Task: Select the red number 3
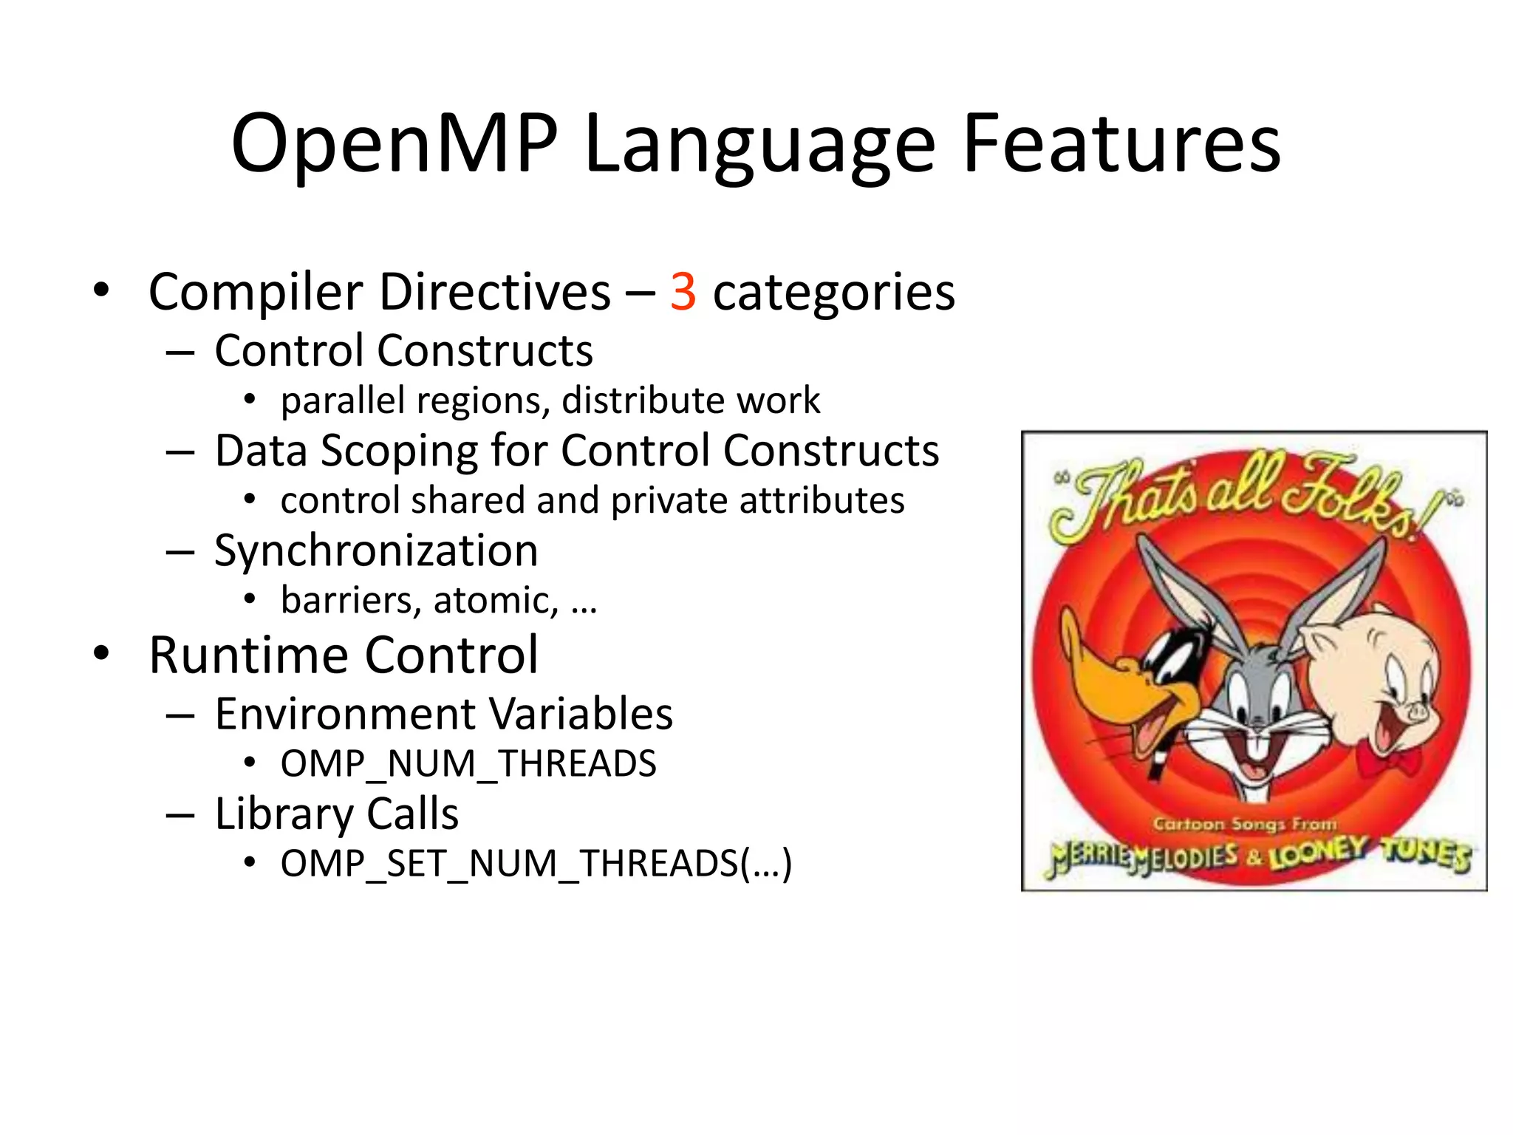click(683, 292)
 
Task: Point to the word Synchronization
click(376, 551)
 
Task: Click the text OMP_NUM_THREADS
click(468, 763)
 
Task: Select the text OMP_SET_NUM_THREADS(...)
click(536, 863)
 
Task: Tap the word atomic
click(495, 600)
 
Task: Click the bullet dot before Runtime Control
click(101, 653)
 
